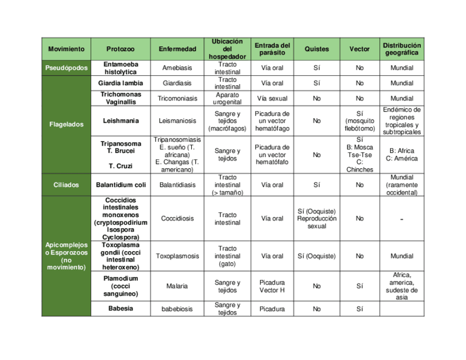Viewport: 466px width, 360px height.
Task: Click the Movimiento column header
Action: coord(66,49)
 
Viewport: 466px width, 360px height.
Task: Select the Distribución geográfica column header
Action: coord(402,49)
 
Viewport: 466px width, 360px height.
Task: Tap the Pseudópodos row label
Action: coord(66,68)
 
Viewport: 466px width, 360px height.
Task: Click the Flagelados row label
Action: coord(66,124)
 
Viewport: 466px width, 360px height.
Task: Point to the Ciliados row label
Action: coord(66,185)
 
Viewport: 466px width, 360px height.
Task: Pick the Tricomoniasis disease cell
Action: coord(177,99)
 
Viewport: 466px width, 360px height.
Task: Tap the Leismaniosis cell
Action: coord(177,121)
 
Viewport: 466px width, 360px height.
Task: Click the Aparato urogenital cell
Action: coord(227,99)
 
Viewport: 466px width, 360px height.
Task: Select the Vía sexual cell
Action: coord(272,99)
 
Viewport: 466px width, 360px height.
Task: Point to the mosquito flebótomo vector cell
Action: coord(359,121)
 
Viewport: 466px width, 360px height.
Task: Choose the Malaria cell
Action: coord(177,286)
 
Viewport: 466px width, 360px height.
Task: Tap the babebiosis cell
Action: coord(177,309)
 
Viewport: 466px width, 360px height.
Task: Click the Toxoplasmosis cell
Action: coord(177,256)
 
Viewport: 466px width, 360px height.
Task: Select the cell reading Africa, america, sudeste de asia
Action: coord(402,286)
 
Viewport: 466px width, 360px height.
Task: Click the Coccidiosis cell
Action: coord(177,219)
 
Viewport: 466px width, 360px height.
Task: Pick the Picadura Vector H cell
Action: coord(272,286)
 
